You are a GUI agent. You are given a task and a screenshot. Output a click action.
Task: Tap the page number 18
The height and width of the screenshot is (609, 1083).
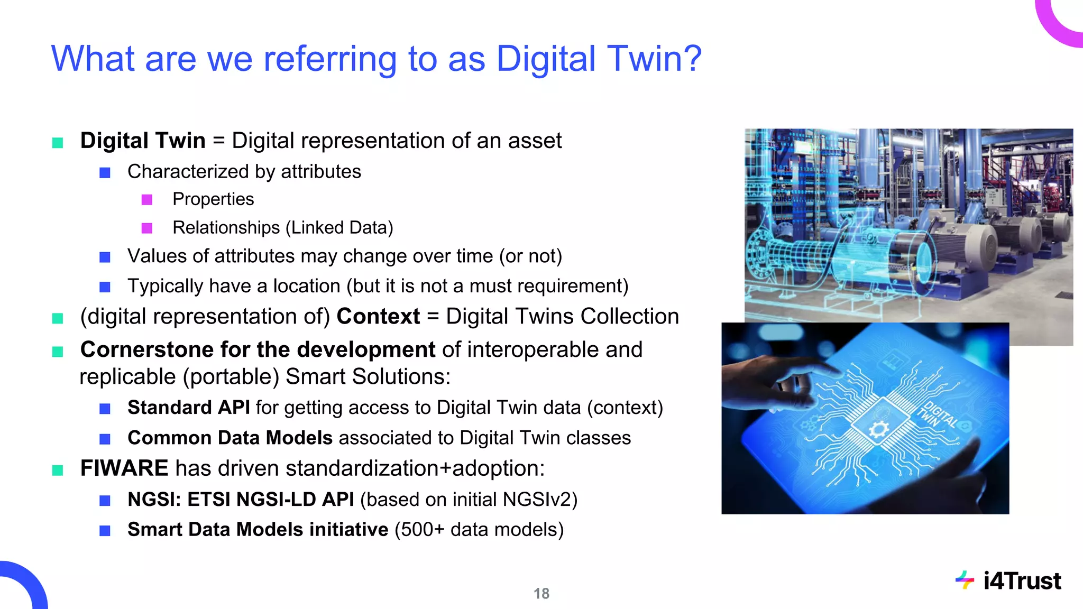[x=541, y=594]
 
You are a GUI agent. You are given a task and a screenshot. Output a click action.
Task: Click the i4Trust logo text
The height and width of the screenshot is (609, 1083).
[x=1022, y=581]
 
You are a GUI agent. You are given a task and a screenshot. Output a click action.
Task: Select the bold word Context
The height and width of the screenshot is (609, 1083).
[x=378, y=317]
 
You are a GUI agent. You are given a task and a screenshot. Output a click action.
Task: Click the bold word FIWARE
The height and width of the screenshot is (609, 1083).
[x=124, y=468]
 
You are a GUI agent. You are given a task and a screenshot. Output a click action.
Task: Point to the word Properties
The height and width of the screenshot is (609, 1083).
[x=213, y=199]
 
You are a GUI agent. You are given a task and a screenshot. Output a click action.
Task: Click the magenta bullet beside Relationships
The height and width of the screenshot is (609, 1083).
[x=147, y=228]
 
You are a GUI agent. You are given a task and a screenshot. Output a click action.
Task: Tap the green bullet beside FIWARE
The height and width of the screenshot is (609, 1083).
[x=58, y=470]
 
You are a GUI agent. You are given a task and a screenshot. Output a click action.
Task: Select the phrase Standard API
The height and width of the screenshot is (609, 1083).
[x=188, y=408]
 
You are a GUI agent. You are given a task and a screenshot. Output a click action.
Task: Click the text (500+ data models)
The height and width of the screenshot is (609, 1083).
[x=479, y=530]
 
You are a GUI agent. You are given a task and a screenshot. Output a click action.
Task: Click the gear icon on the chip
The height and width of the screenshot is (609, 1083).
[x=878, y=429]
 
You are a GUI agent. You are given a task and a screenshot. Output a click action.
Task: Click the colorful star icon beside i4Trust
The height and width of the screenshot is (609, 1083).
[x=965, y=580]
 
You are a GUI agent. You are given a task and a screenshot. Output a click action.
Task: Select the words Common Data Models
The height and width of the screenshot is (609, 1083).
[x=230, y=438]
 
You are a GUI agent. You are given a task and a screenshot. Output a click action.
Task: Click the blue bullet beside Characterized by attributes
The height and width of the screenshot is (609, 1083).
[x=105, y=173]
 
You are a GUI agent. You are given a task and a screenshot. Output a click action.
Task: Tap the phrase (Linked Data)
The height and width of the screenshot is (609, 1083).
[x=339, y=228]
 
